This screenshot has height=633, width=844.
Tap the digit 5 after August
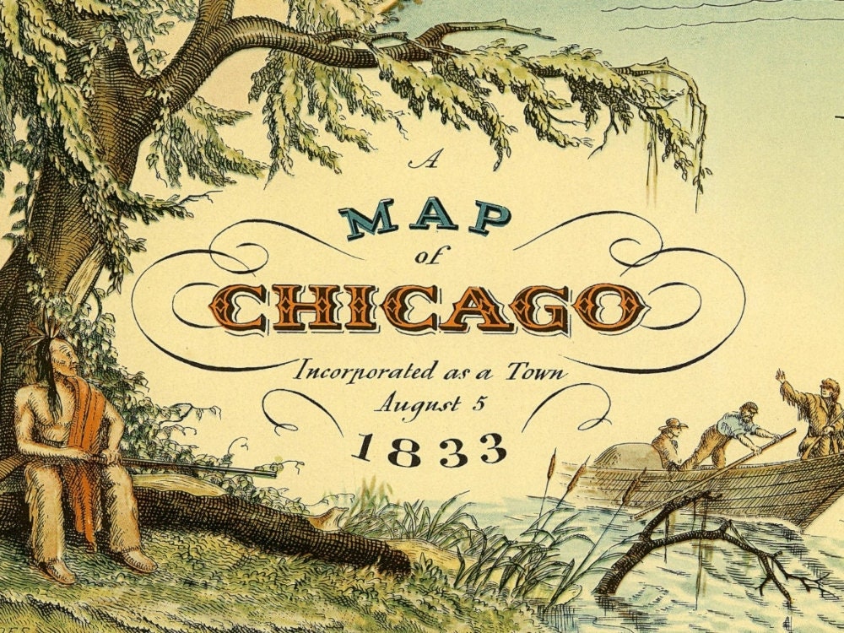[479, 403]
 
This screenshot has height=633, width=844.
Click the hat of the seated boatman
[674, 423]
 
